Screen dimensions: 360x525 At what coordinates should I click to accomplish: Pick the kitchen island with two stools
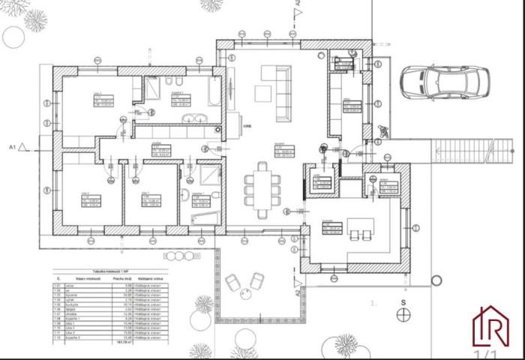(x=361, y=224)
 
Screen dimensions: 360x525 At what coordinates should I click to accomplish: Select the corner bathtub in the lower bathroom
(x=204, y=217)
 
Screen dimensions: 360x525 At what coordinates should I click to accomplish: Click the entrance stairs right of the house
(x=461, y=151)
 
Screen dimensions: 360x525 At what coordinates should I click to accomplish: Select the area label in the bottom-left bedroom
(x=91, y=201)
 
